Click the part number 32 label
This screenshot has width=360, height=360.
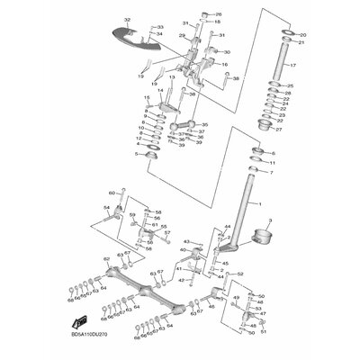point(127,19)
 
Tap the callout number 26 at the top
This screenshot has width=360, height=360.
point(217,15)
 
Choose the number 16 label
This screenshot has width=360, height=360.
point(225,65)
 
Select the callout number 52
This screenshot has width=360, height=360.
point(240,273)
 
